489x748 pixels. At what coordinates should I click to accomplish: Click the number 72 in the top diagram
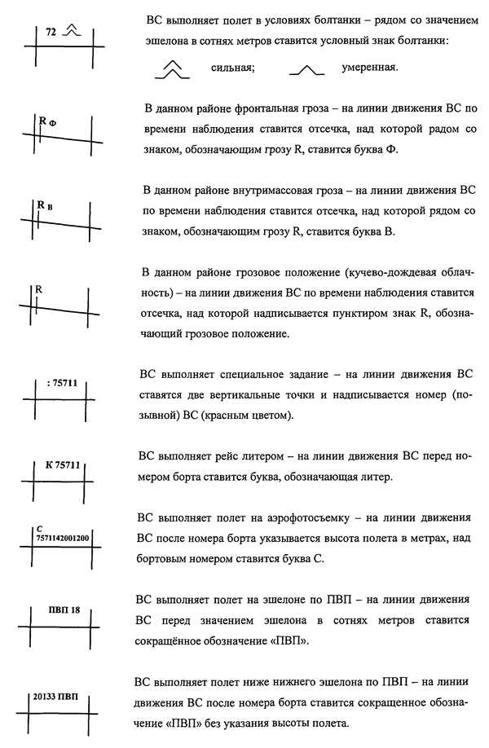(51, 33)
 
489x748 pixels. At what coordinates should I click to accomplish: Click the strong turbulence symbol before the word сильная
(170, 71)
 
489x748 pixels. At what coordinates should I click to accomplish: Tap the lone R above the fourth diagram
(38, 288)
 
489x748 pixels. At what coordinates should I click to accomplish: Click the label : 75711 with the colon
(62, 382)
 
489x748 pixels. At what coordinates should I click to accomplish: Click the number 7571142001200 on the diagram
(62, 538)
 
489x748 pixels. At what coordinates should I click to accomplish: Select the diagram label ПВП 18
(62, 610)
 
